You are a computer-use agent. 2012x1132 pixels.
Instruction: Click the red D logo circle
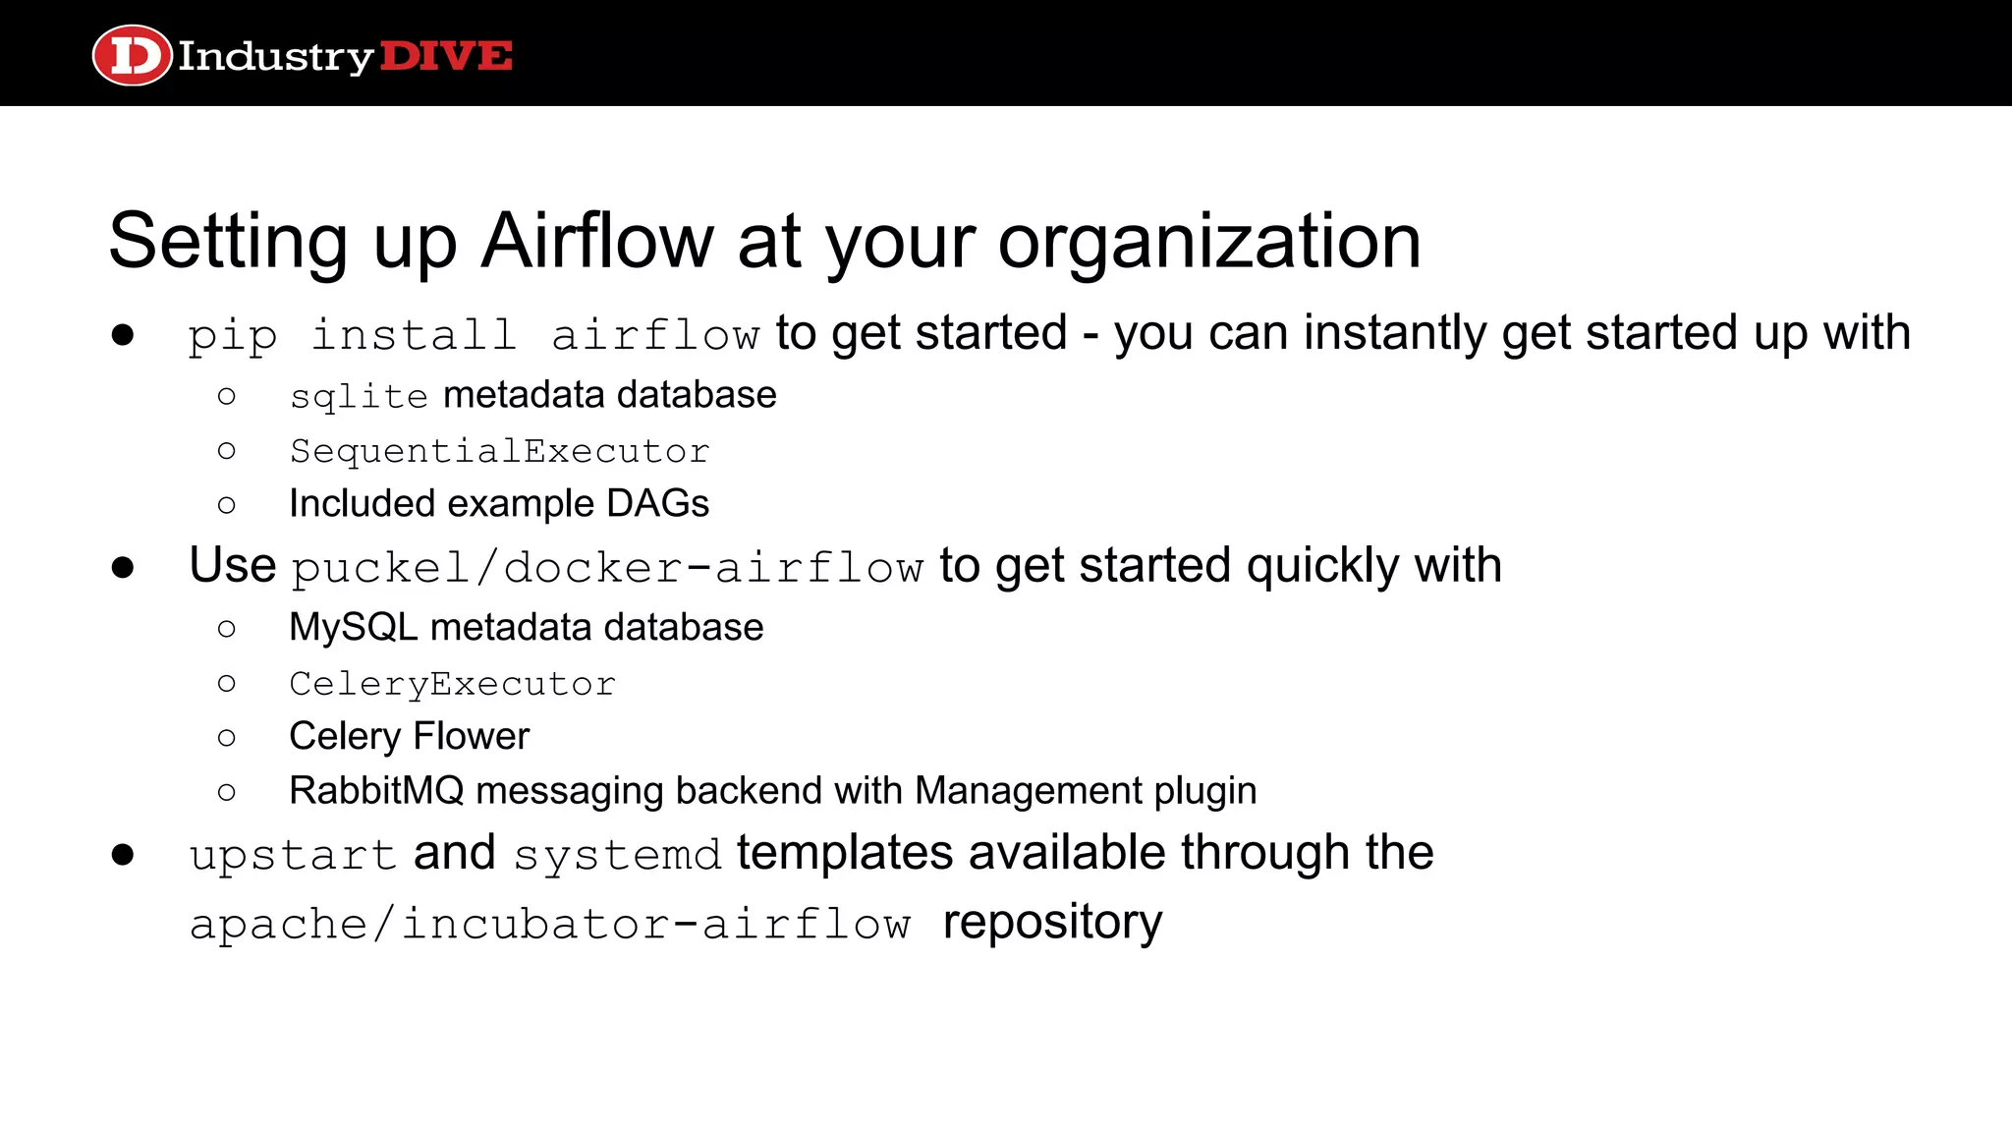tap(132, 55)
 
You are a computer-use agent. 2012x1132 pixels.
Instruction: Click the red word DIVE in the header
tap(445, 56)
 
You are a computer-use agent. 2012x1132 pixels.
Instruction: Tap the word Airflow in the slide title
tap(596, 241)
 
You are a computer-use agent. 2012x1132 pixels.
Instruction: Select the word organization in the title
tap(1209, 241)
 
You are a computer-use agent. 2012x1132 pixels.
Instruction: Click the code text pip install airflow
tap(474, 335)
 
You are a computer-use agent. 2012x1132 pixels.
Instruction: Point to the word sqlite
tap(359, 396)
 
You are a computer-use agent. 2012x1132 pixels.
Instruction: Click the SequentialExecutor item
tap(499, 451)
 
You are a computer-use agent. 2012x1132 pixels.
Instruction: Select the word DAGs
tap(657, 504)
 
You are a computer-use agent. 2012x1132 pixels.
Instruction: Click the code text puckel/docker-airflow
tap(607, 568)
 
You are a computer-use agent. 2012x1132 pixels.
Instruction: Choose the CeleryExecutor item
tap(452, 684)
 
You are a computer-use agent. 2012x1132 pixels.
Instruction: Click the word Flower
tap(471, 737)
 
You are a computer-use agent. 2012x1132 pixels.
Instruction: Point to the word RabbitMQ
tap(375, 791)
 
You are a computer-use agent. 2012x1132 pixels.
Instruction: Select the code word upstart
tap(293, 855)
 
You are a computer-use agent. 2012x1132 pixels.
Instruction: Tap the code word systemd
tap(617, 855)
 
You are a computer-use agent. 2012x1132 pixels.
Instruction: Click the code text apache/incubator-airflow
tap(550, 925)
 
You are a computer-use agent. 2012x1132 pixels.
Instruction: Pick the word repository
tap(1052, 923)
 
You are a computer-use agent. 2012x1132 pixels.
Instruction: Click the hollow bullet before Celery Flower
tap(227, 738)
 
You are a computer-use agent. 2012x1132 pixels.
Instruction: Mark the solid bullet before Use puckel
tap(123, 567)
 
